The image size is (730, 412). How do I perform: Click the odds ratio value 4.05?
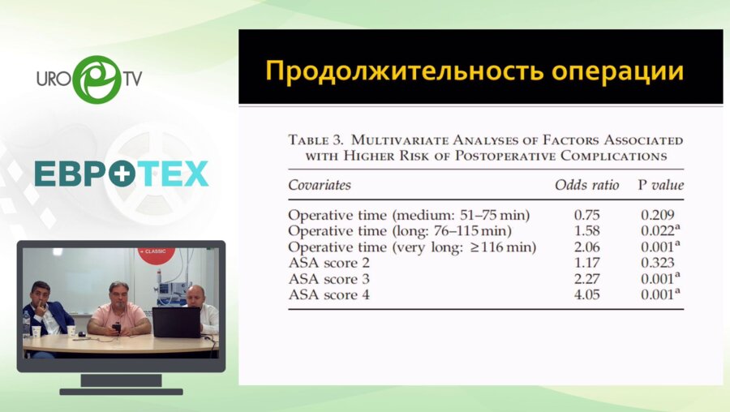tap(586, 294)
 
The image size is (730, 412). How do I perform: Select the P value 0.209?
tap(658, 215)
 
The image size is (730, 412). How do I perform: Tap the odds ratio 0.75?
tap(586, 215)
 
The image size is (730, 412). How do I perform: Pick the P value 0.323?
tap(658, 263)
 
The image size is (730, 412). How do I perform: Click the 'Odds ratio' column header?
tap(586, 185)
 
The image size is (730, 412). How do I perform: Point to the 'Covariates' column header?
tap(320, 185)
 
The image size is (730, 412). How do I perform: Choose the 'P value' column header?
tap(660, 185)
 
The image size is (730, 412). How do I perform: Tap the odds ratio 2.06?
tap(586, 247)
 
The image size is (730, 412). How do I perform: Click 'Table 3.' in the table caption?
tap(318, 140)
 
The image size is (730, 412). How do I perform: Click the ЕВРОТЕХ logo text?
tap(122, 174)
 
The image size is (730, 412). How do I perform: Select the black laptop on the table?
tap(176, 322)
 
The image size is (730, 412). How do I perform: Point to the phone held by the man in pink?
tap(116, 327)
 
